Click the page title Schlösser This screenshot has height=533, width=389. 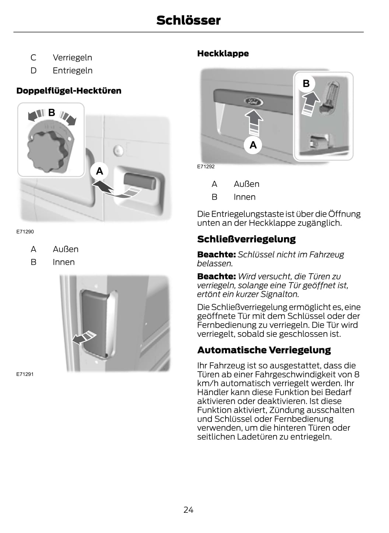pos(188,20)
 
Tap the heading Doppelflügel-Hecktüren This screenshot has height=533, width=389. pos(69,90)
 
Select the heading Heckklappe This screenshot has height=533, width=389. pos(223,53)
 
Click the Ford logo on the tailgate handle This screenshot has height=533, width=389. pos(253,102)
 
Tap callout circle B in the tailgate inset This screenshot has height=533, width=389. pos(306,83)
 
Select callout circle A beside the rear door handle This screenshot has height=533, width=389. pos(99,171)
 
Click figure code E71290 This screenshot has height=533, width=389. pos(25,232)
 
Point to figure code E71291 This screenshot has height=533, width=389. pos(25,374)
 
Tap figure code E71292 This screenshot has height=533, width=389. pos(206,167)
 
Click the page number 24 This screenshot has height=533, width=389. pos(188,510)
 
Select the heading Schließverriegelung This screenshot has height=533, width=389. pos(246,239)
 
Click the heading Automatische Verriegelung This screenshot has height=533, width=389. pos(264,350)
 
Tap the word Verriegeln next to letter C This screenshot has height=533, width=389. pos(73,58)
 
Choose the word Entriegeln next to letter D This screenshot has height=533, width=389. pos(73,71)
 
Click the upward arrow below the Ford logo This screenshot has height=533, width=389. pos(254,123)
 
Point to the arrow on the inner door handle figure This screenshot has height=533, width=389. pos(84,337)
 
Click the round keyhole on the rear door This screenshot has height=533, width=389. pos(118,150)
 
